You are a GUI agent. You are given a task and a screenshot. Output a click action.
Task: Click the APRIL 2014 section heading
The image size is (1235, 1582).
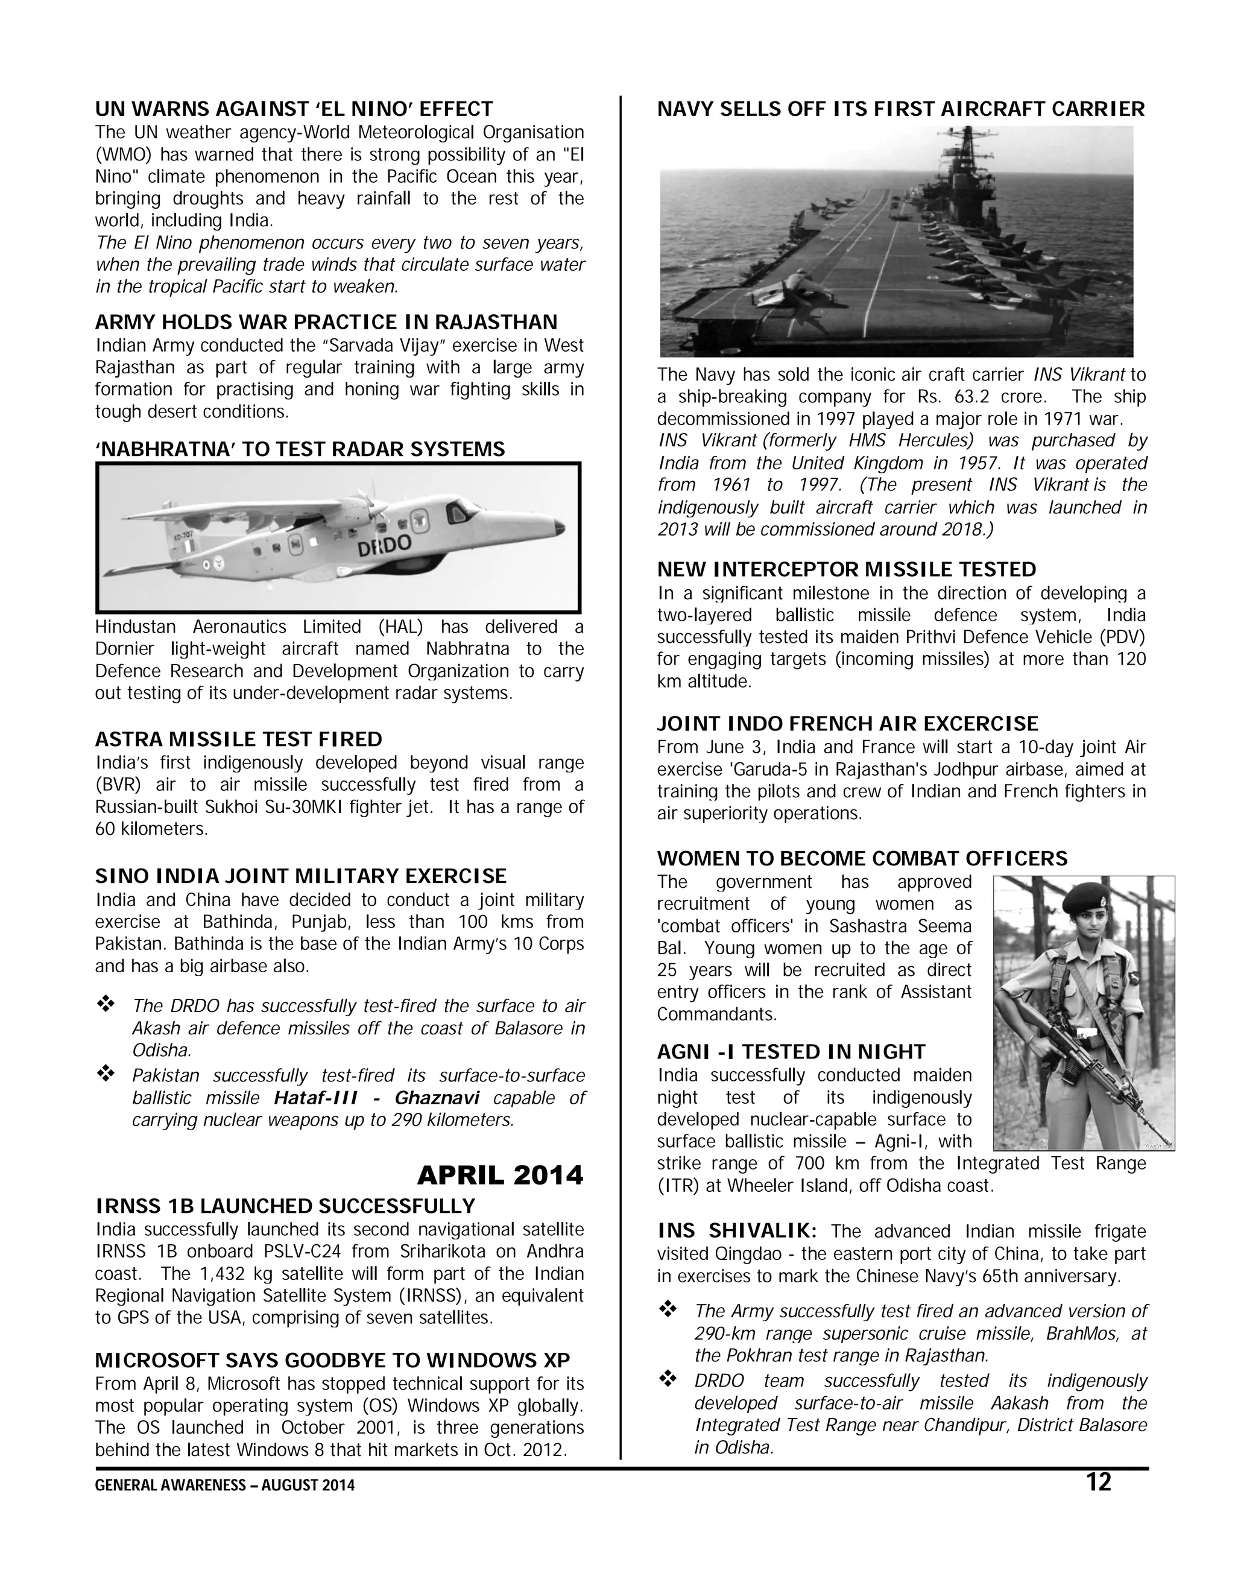tap(500, 1175)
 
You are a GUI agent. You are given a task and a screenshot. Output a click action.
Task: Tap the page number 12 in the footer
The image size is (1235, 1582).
tap(1098, 1482)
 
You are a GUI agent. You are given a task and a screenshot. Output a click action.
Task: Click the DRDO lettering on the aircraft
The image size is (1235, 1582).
tap(384, 545)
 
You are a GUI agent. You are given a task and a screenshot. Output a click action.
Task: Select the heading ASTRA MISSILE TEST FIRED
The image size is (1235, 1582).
tap(238, 739)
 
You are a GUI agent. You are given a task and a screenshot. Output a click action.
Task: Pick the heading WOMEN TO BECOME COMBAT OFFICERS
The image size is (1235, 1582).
tap(862, 858)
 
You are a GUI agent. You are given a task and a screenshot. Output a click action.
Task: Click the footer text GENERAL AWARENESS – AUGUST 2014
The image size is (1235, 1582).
tap(224, 1485)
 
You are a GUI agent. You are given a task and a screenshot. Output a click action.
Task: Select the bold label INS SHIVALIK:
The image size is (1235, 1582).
tap(738, 1231)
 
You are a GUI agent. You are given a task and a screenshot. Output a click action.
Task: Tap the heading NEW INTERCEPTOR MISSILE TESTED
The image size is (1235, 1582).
tap(846, 569)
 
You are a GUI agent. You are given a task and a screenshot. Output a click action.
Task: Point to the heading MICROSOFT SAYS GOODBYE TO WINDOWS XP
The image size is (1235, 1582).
tap(332, 1359)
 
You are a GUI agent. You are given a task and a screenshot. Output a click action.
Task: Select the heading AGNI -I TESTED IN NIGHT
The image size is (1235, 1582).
tap(791, 1052)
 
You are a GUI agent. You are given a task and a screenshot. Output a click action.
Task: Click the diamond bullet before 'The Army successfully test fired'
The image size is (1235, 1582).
tap(667, 1309)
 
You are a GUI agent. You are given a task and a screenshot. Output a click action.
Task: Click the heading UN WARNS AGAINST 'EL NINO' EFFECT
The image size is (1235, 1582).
tap(294, 109)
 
